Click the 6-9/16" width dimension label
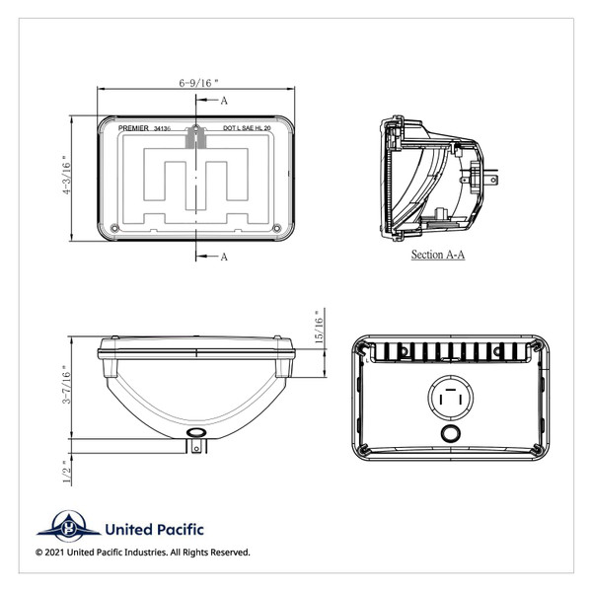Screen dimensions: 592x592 click(196, 84)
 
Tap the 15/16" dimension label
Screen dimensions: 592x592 click(318, 332)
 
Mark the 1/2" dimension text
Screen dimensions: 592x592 click(67, 472)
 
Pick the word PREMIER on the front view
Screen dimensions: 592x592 click(132, 128)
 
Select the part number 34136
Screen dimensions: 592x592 click(165, 128)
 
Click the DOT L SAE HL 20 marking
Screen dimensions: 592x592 click(248, 128)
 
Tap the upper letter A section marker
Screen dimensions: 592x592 click(224, 101)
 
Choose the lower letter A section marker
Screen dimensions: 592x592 click(224, 258)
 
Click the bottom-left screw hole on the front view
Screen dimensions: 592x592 click(115, 229)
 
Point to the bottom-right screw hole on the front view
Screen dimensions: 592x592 click(277, 229)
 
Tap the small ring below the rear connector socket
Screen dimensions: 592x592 click(449, 435)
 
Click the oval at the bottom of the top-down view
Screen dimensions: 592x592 click(195, 433)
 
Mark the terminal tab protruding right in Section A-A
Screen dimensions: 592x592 click(493, 178)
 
